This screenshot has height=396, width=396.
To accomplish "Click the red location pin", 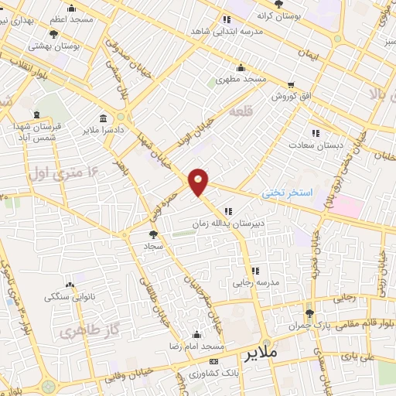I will [199, 182].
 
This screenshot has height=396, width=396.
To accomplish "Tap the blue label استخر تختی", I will [287, 191].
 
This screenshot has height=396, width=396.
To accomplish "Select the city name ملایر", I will [261, 356].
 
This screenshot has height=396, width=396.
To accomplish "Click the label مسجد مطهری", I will [241, 79].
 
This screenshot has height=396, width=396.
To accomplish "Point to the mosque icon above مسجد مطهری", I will [241, 67].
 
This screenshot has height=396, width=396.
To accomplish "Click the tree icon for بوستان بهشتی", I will [53, 34].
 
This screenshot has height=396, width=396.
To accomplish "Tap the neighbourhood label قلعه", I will [240, 112].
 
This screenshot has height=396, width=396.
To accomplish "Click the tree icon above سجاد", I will [152, 233].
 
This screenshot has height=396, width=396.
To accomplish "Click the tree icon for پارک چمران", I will [309, 313].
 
